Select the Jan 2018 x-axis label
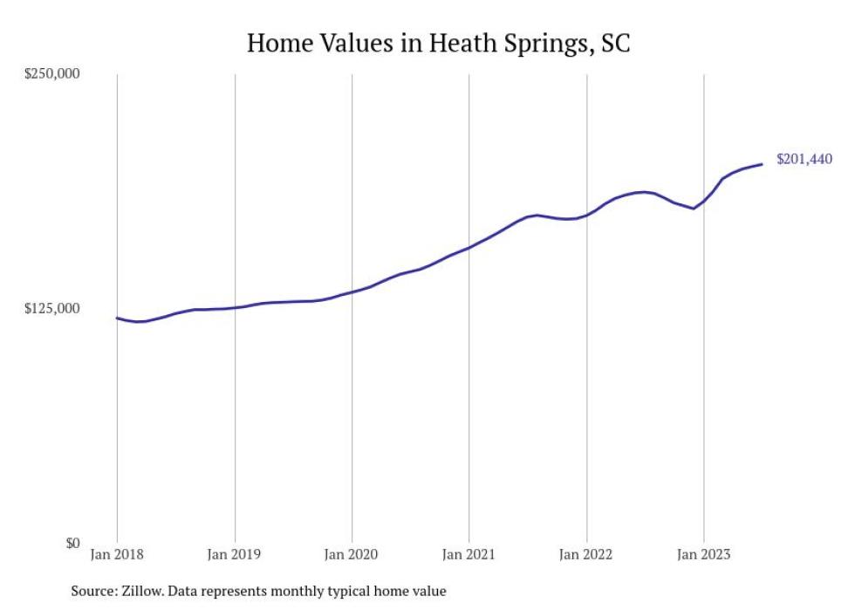[x=117, y=554]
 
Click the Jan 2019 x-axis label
[x=235, y=554]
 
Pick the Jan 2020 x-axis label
[x=352, y=554]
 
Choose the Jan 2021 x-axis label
[x=469, y=554]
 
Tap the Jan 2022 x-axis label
[x=586, y=554]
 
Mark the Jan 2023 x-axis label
[x=704, y=554]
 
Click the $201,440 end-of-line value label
[x=804, y=159]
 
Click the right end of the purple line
[x=763, y=164]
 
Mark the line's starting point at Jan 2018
[x=118, y=318]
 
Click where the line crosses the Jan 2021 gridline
[x=469, y=248]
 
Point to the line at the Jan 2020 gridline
[x=352, y=291]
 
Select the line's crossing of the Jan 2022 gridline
[x=586, y=215]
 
